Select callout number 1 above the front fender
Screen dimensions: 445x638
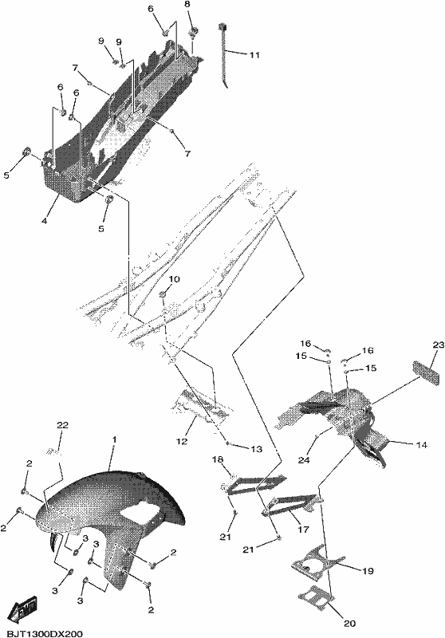tap(115, 440)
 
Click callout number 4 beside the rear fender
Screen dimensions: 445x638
tap(45, 221)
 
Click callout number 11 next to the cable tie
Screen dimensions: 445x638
tap(254, 55)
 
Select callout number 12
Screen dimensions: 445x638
tap(183, 442)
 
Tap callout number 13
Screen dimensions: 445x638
tap(257, 449)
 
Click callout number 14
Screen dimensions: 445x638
tap(422, 445)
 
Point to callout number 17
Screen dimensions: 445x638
tap(304, 530)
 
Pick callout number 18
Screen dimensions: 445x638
tap(218, 459)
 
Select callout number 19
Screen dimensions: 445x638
tap(368, 571)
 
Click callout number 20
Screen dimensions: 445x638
tap(350, 624)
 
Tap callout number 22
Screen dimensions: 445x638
tap(63, 425)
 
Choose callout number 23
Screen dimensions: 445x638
tap(439, 345)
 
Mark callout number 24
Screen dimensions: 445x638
tap(305, 460)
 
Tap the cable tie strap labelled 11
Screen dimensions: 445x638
tap(224, 54)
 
